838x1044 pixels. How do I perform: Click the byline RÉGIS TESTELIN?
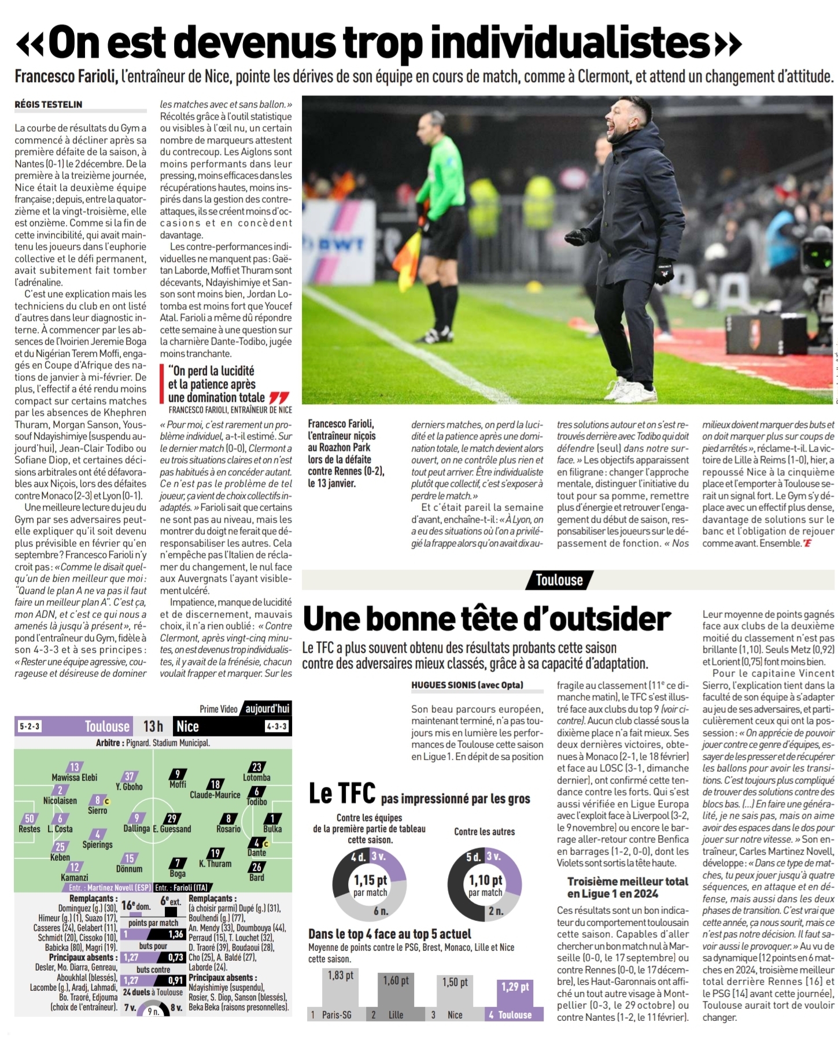pyautogui.click(x=49, y=105)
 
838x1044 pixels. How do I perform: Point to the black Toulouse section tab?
pyautogui.click(x=559, y=580)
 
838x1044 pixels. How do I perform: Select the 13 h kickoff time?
pyautogui.click(x=153, y=726)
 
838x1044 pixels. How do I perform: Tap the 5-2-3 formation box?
pyautogui.click(x=30, y=727)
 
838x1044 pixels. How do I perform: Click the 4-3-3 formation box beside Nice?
pyautogui.click(x=276, y=727)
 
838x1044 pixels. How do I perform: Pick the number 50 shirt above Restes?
pyautogui.click(x=29, y=819)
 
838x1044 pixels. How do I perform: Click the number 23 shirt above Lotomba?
pyautogui.click(x=257, y=767)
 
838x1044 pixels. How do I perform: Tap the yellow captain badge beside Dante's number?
pyautogui.click(x=265, y=843)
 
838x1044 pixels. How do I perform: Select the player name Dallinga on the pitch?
pyautogui.click(x=136, y=828)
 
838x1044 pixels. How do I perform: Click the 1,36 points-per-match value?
pyautogui.click(x=176, y=934)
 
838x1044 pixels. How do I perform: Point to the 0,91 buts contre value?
pyautogui.click(x=176, y=980)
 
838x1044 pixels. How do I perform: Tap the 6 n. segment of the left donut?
pyautogui.click(x=380, y=911)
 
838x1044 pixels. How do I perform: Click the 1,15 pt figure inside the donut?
pyautogui.click(x=370, y=880)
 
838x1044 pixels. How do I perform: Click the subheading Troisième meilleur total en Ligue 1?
pyautogui.click(x=627, y=887)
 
